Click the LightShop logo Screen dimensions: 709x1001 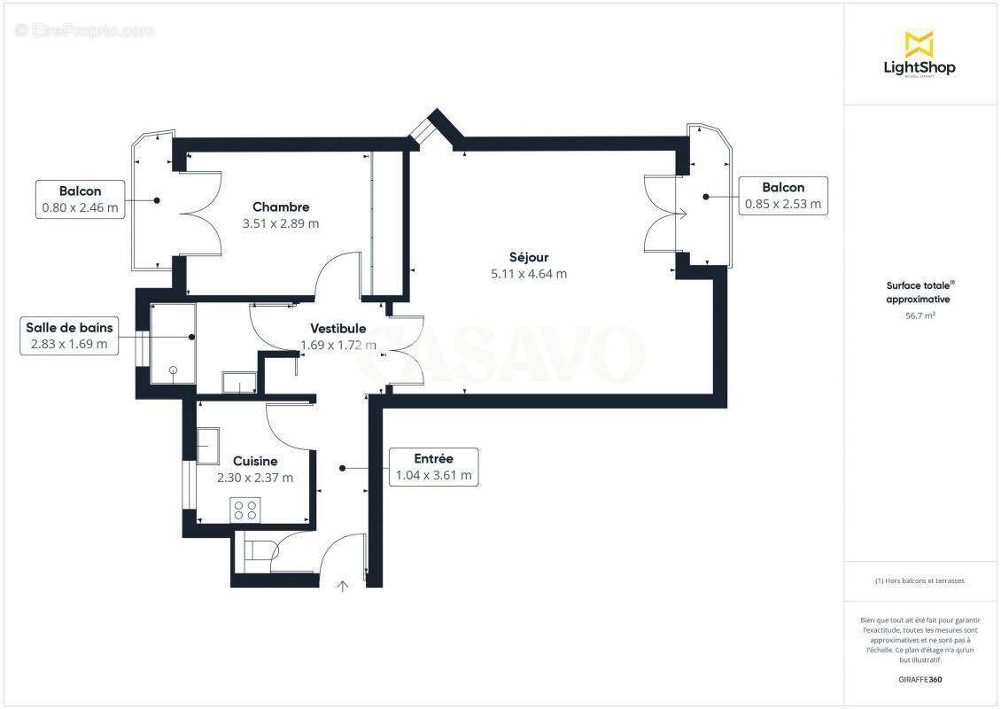tap(920, 54)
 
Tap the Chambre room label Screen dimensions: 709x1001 tap(280, 207)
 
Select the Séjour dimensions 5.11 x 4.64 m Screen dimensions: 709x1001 tap(529, 274)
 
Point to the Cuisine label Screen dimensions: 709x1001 tap(255, 461)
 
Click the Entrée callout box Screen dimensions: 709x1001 tap(433, 467)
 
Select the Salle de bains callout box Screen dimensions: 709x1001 tap(69, 336)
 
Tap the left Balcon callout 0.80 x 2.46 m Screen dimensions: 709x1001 tap(80, 199)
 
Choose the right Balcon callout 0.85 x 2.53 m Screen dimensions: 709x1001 tap(783, 196)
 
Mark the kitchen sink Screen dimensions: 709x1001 tap(207, 446)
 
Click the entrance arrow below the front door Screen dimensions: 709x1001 tap(343, 585)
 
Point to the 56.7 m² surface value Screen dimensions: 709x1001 tap(920, 315)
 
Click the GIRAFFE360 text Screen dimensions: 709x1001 tap(920, 680)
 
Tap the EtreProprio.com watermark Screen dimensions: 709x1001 tap(85, 30)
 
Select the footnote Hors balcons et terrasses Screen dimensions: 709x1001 tap(920, 580)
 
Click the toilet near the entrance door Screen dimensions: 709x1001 tap(258, 551)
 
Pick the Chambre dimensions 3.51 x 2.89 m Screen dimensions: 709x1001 tap(280, 223)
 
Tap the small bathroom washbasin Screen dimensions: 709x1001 tap(237, 382)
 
